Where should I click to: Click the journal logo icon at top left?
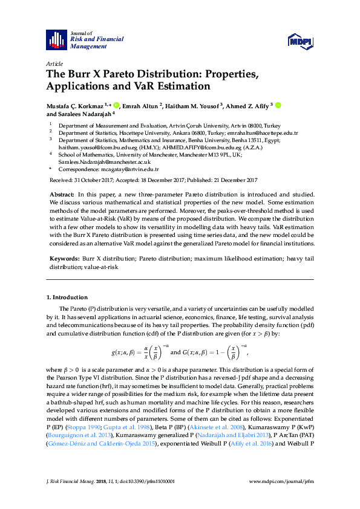[57, 39]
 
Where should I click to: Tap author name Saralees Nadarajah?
[83, 114]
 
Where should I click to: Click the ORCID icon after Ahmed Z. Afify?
[278, 105]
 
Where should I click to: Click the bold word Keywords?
[62, 258]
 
